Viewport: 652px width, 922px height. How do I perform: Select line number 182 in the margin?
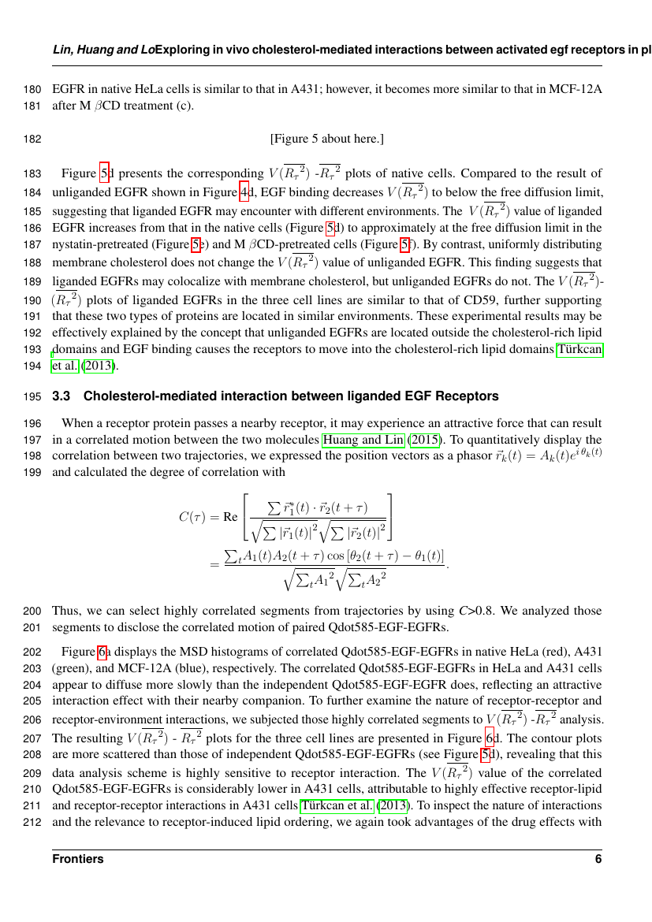pos(33,139)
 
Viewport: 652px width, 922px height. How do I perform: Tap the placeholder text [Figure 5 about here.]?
pos(326,139)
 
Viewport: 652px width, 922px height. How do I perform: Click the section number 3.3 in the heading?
pos(61,395)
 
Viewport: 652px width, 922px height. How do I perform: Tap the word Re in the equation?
pos(231,518)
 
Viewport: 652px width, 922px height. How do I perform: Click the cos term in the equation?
pos(331,556)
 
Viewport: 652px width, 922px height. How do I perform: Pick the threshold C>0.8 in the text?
pos(477,611)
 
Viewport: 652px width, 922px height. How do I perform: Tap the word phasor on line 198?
pos(423,455)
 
